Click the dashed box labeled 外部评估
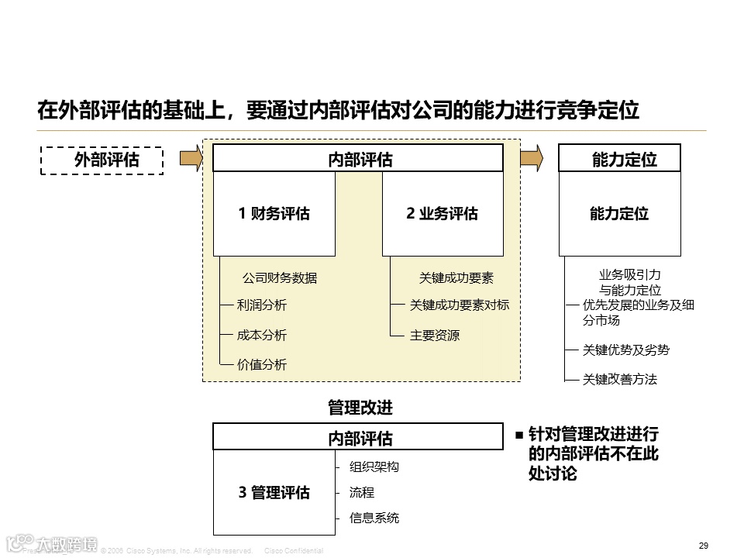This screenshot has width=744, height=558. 102,160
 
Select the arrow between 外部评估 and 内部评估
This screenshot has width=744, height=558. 190,159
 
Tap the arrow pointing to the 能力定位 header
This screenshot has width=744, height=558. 531,159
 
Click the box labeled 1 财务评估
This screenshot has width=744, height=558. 274,214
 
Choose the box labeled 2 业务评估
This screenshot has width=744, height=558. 443,214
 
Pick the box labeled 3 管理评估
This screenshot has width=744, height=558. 274,493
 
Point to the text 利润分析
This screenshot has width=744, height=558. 262,305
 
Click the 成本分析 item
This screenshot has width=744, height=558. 262,335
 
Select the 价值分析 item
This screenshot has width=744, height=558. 262,364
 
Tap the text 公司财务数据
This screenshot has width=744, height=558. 280,278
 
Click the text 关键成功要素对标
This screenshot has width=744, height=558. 460,305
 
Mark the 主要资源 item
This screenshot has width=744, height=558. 435,336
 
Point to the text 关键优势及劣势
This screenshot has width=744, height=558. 625,350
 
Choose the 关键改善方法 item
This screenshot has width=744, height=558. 619,380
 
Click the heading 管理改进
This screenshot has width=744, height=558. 360,408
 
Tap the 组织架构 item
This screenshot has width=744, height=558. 374,467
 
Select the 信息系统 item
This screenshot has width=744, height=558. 374,518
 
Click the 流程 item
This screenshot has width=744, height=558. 362,492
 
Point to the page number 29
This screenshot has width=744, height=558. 703,546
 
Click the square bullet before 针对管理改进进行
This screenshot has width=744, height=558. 519,436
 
